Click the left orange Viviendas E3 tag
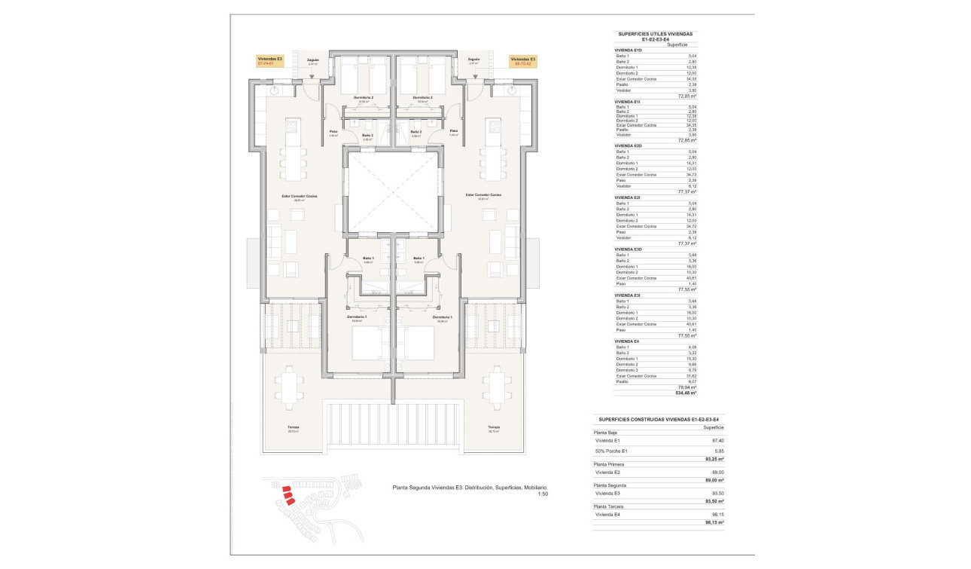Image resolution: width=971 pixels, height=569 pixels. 269,61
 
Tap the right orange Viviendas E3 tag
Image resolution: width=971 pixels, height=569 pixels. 522,61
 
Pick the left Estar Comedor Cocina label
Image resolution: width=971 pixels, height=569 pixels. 300,196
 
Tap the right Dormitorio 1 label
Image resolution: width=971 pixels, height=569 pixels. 442,317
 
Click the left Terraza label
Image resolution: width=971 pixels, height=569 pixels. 294,427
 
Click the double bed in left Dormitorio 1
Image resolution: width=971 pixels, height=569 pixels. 367,343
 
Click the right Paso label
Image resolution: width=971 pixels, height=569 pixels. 454,131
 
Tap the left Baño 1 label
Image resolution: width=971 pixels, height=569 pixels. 367,258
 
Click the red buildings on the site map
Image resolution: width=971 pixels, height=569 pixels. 288,495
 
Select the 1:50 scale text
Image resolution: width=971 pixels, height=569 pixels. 543,494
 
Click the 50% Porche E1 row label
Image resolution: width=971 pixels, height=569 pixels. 611,451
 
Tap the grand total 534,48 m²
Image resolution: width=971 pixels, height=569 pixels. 686,393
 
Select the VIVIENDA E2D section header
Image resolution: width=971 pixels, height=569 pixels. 628,145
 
